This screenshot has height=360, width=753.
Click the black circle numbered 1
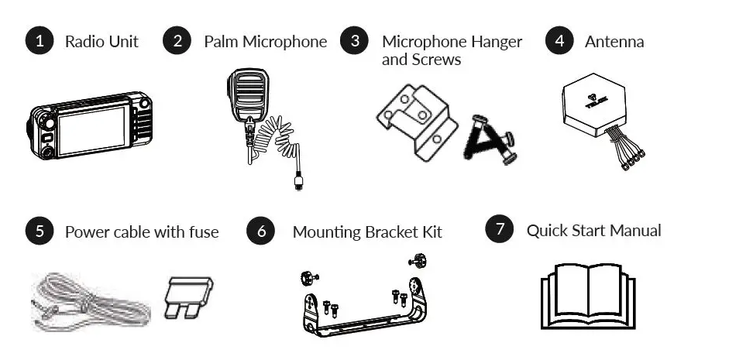tap(40, 41)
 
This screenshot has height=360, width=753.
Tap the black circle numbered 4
tap(559, 41)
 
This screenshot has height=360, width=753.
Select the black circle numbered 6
tap(261, 231)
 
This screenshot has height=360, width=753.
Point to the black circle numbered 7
tap(500, 229)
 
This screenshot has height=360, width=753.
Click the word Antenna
tap(614, 42)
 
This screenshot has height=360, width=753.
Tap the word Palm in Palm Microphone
tap(221, 41)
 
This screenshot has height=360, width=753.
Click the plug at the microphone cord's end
tap(298, 183)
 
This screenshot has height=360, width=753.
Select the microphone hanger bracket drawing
tap(417, 122)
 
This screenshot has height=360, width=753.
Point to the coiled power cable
tap(91, 303)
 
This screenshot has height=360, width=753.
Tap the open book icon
tap(588, 296)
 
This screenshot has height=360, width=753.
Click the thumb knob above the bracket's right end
tap(418, 262)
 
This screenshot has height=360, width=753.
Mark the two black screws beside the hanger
tap(490, 139)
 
